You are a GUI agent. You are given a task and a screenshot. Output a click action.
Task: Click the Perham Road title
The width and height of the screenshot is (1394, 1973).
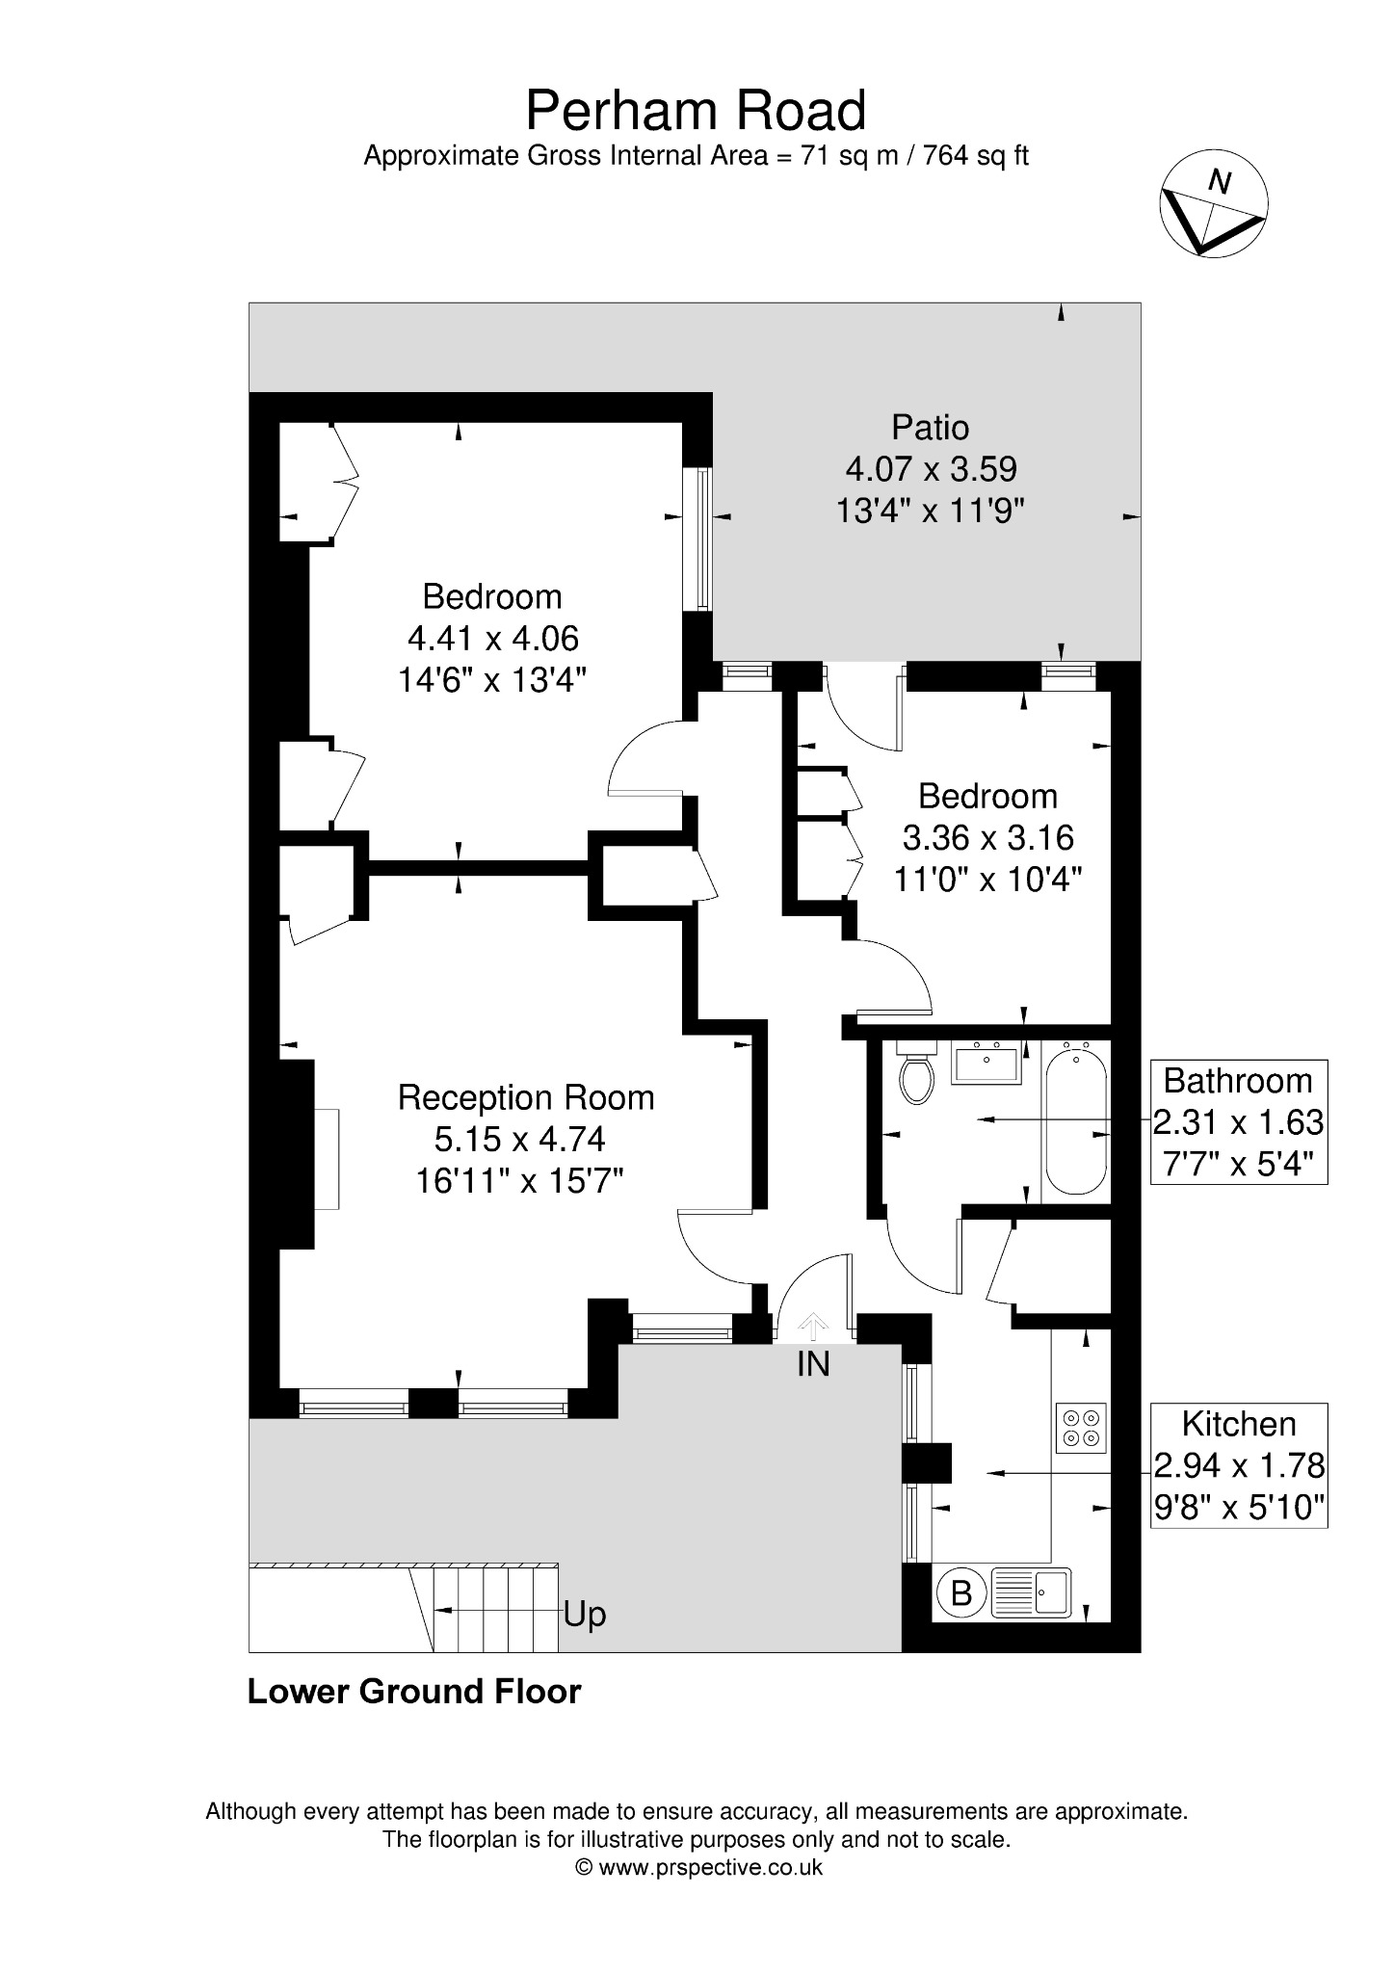tap(696, 111)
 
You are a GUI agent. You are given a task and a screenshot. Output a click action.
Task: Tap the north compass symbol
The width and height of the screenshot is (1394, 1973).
tap(1213, 203)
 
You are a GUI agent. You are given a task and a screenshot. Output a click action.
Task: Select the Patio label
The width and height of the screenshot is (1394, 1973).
tap(930, 427)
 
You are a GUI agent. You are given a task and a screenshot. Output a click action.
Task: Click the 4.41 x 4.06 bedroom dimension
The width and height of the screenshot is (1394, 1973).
tap(493, 638)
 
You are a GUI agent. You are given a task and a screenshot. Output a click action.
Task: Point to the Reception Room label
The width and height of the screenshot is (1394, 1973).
tap(526, 1097)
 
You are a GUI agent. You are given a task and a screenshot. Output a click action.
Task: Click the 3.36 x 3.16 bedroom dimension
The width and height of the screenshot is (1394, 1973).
tap(987, 837)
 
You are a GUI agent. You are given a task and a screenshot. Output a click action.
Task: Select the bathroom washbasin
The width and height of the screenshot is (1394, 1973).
tap(987, 1063)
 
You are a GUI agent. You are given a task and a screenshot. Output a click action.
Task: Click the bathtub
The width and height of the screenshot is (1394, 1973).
tap(1075, 1120)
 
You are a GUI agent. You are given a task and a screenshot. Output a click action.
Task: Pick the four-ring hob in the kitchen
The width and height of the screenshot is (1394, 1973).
tap(1080, 1429)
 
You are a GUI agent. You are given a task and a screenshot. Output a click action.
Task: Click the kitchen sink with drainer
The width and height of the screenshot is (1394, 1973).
tap(1030, 1593)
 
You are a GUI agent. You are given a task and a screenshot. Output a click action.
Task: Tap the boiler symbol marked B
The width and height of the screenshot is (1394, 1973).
tap(960, 1593)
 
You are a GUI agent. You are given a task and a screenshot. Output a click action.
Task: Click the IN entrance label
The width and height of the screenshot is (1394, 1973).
tap(813, 1364)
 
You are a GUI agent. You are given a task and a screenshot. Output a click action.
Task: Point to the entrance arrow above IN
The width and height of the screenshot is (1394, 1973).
tap(813, 1327)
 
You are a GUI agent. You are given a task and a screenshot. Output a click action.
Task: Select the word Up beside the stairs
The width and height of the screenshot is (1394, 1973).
tap(585, 1615)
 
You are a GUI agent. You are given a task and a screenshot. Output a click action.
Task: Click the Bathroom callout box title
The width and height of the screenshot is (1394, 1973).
tap(1238, 1081)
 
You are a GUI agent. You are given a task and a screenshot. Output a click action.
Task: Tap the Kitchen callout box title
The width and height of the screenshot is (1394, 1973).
tap(1239, 1424)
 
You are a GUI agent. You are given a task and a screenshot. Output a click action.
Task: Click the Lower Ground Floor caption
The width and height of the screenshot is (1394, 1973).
tap(414, 1692)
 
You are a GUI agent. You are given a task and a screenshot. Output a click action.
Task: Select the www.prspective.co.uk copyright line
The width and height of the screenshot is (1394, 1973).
tap(698, 1868)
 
